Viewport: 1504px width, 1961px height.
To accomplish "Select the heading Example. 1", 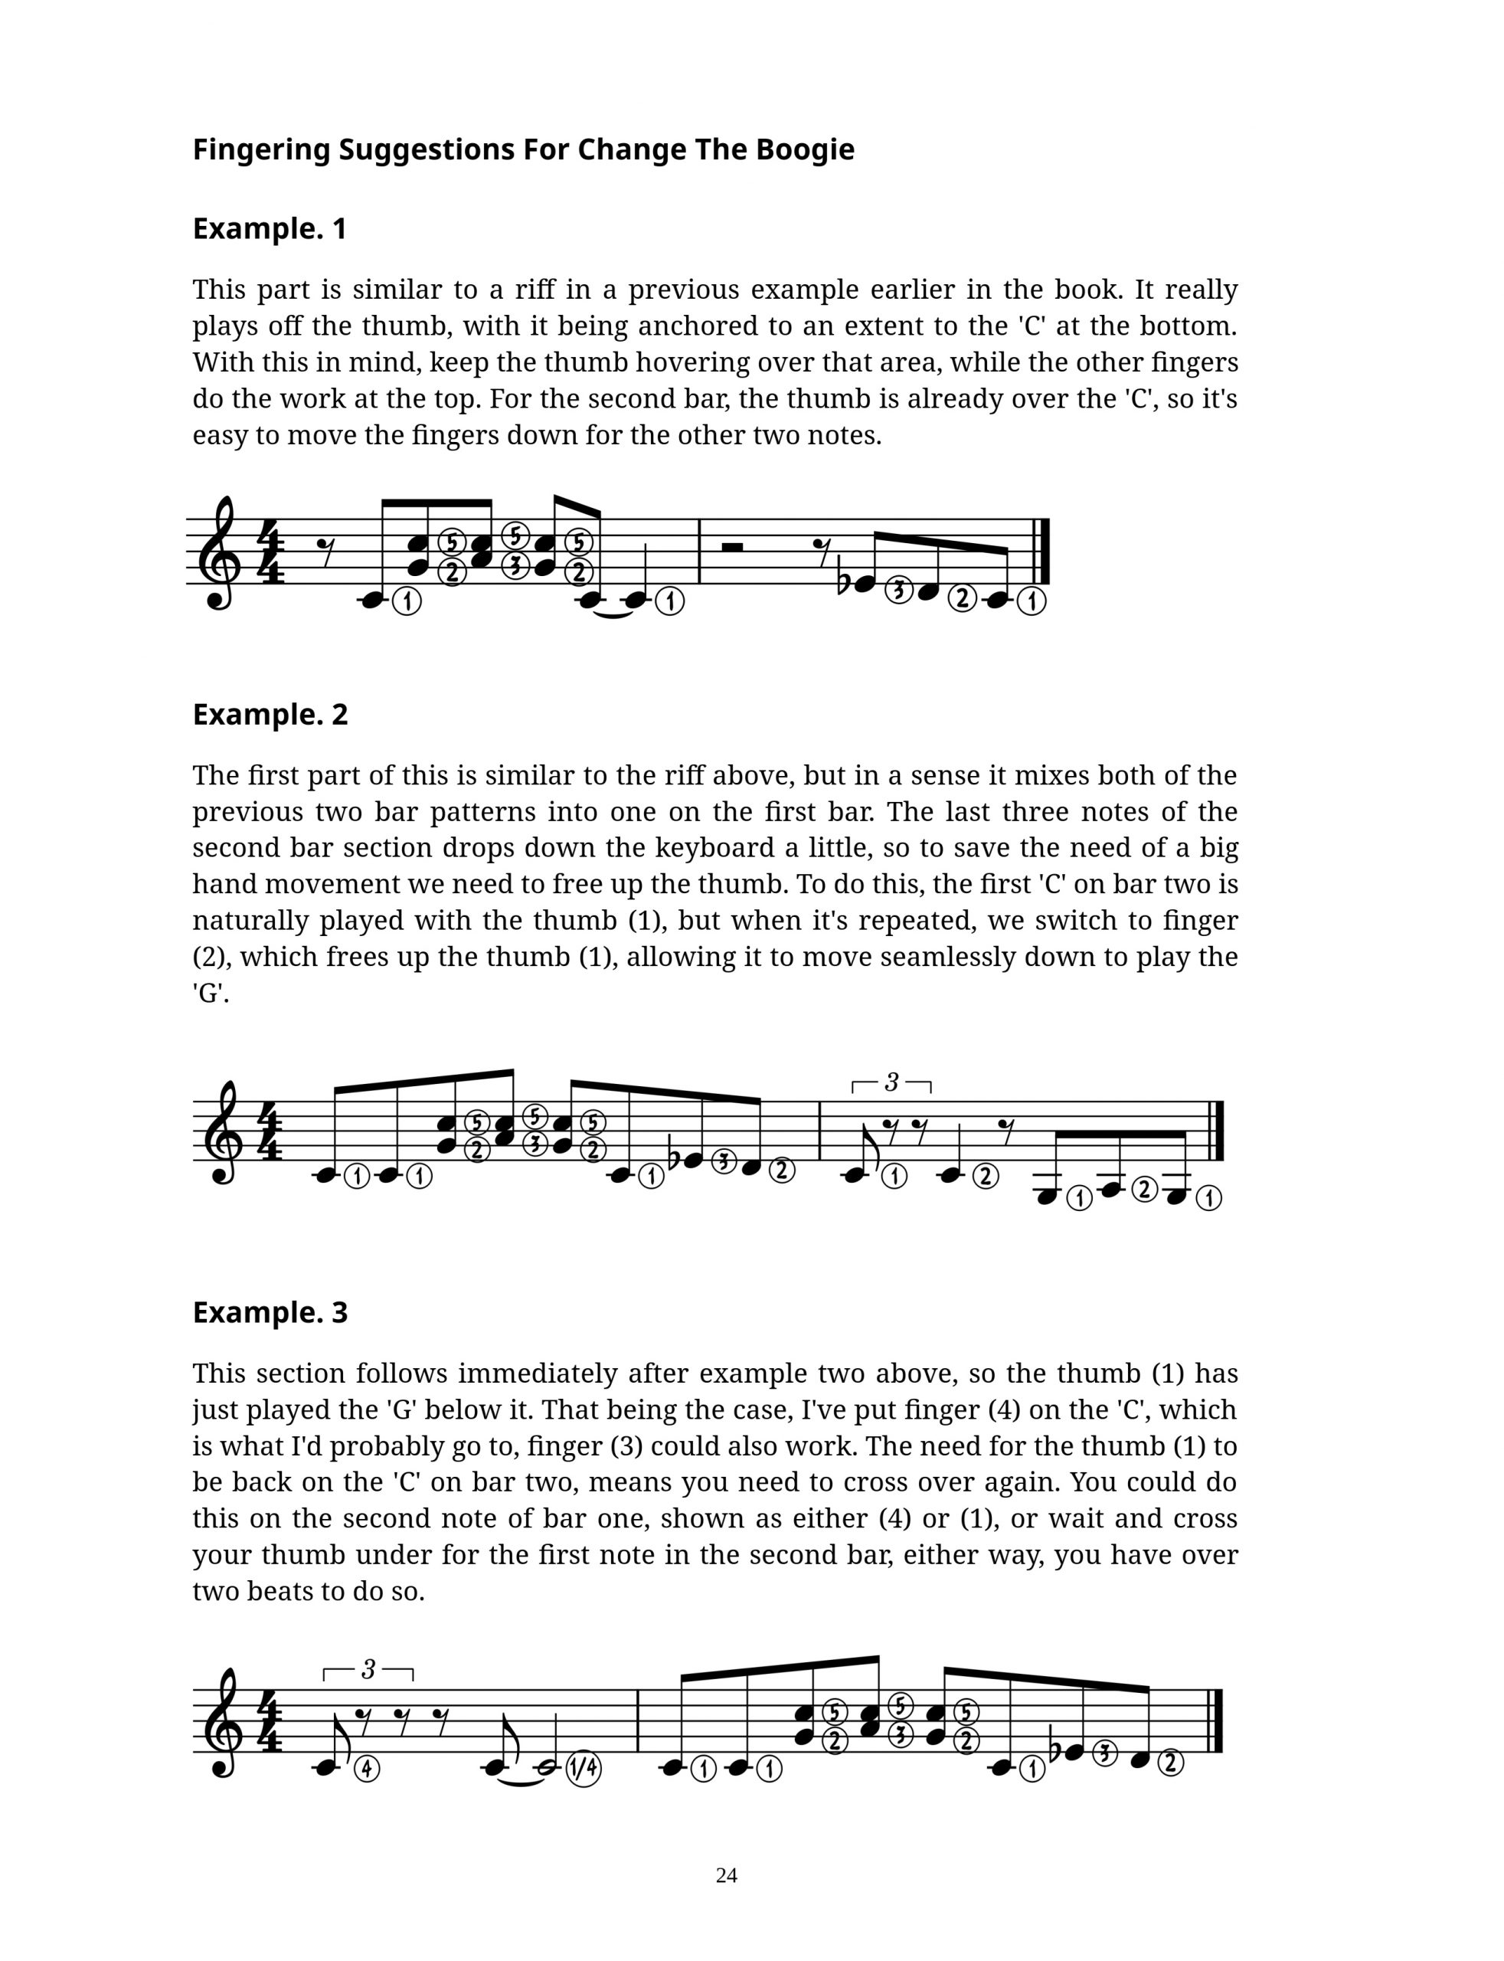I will [270, 229].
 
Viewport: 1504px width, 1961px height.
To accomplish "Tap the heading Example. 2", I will [270, 715].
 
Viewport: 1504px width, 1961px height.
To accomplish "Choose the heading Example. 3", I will [270, 1313].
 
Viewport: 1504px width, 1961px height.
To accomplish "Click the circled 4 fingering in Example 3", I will [367, 1769].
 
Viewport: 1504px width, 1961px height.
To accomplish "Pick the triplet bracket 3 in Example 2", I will [891, 1083].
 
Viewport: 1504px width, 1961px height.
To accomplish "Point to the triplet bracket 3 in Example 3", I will [368, 1671].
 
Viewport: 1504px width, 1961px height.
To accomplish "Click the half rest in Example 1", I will [731, 546].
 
